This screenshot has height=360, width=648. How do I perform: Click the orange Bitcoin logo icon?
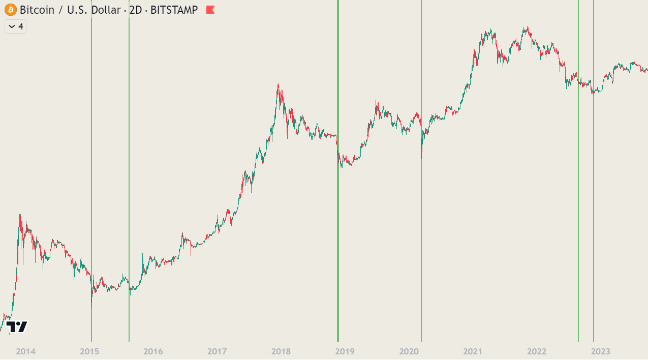point(10,10)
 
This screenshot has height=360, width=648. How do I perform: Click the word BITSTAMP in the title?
point(174,10)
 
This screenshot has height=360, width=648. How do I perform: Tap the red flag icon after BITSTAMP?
point(210,10)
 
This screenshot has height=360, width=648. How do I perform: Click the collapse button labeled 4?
point(15,26)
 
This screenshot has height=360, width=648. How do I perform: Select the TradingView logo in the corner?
point(17,327)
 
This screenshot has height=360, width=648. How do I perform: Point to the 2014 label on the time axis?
point(26,351)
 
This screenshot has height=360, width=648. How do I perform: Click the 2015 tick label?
point(90,351)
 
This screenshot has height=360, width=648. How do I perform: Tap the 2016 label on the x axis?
point(153,351)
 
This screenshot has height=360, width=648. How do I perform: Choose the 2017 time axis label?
point(217,351)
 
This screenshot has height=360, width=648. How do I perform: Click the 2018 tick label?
point(281,351)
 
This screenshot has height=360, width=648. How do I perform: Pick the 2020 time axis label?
point(409,351)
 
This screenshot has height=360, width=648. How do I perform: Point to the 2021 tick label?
point(473,351)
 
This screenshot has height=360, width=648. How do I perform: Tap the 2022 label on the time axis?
point(537,351)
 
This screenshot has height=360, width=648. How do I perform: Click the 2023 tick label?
point(600,351)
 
